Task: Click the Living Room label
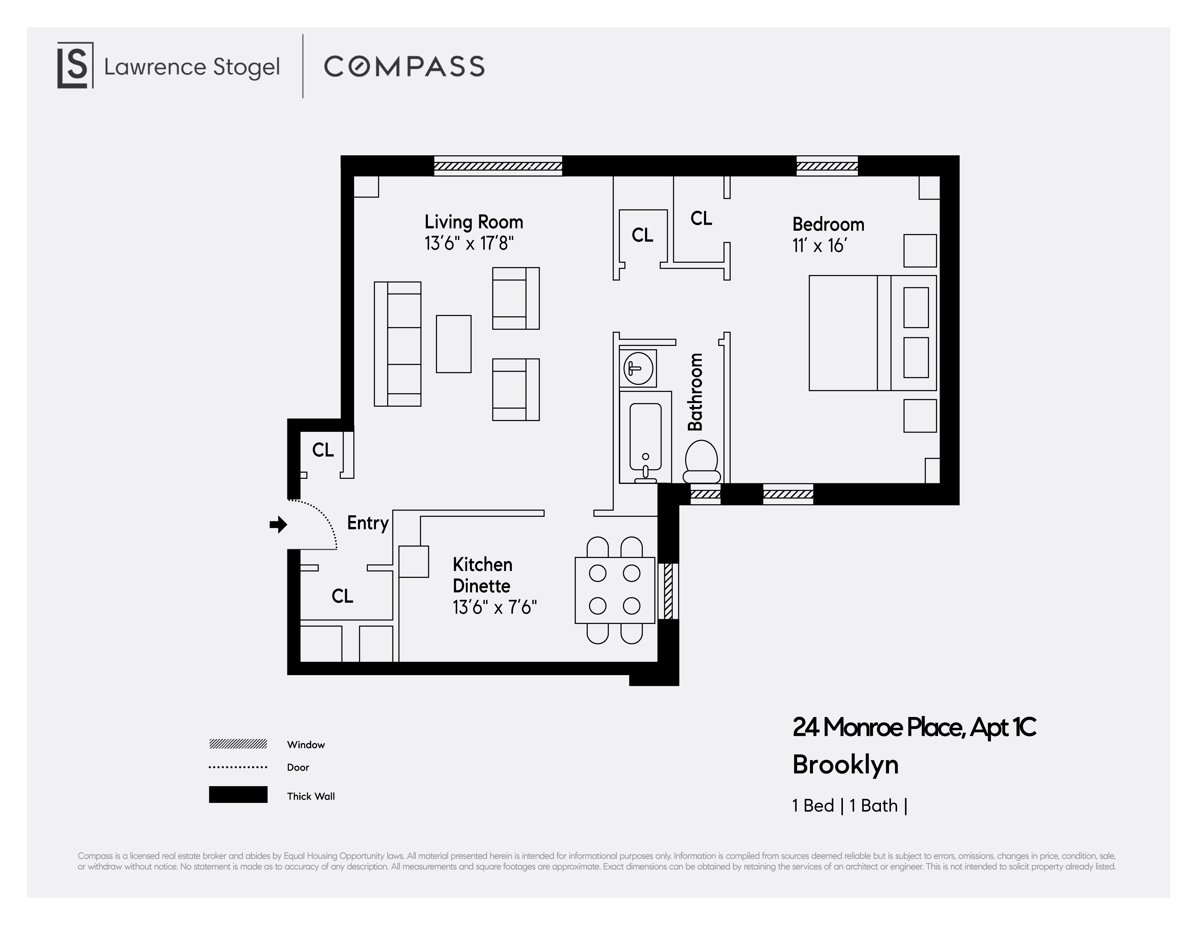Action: point(474,222)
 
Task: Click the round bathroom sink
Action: point(638,368)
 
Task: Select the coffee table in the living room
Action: point(453,344)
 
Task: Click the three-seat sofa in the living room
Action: point(398,344)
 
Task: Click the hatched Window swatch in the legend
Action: point(238,744)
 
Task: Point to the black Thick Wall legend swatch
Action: point(238,795)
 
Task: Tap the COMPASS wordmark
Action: point(404,66)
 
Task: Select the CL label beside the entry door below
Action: point(342,596)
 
